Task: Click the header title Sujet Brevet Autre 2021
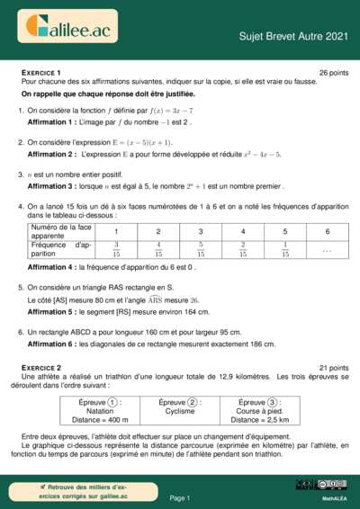[x=292, y=36]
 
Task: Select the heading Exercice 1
[x=40, y=72]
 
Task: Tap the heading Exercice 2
[x=40, y=368]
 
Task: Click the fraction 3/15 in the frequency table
[x=115, y=248]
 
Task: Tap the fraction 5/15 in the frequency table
[x=200, y=248]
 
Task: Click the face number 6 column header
[x=327, y=231]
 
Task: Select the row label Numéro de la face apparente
[x=60, y=231]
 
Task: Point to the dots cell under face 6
[x=327, y=249]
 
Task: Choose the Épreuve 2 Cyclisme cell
[x=179, y=406]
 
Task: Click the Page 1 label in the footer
[x=179, y=497]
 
